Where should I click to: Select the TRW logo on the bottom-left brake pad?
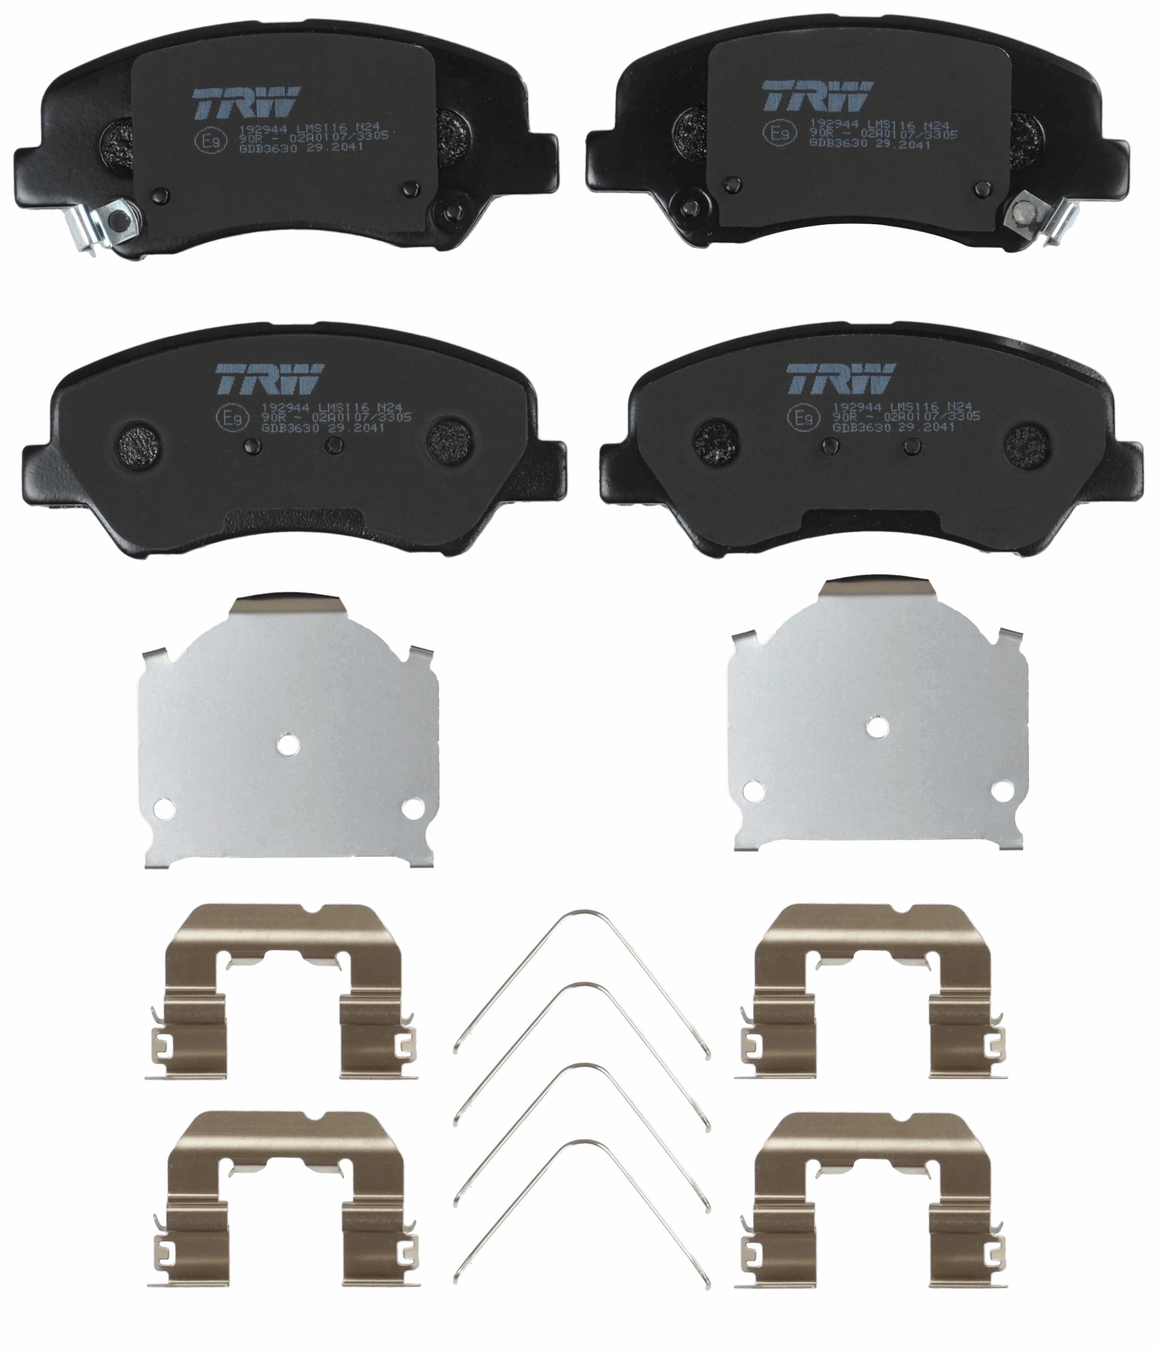click(269, 378)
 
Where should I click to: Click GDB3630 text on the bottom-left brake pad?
click(277, 429)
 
